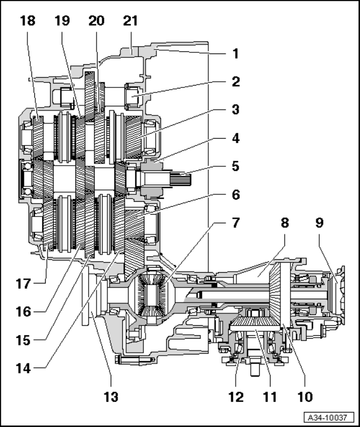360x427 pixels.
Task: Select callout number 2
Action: pyautogui.click(x=235, y=81)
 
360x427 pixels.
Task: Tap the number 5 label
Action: pyautogui.click(x=235, y=166)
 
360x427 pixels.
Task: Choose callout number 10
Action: pyautogui.click(x=305, y=396)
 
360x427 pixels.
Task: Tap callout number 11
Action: pyautogui.click(x=270, y=396)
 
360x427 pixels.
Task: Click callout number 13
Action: pyautogui.click(x=111, y=396)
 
